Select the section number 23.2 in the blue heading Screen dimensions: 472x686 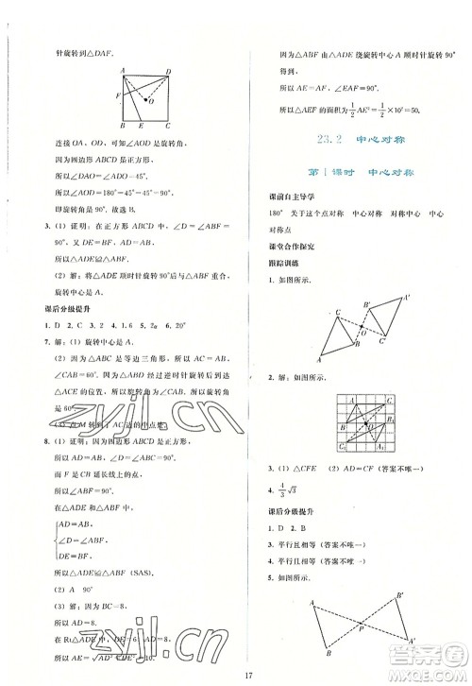330,142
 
